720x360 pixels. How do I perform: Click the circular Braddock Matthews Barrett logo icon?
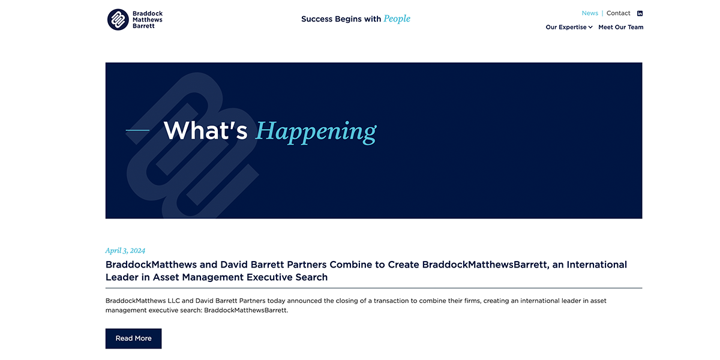click(118, 19)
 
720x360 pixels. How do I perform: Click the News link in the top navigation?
click(590, 13)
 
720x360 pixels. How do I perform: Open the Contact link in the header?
click(618, 13)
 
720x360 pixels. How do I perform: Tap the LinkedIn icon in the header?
click(640, 13)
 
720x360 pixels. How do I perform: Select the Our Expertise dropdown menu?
click(566, 27)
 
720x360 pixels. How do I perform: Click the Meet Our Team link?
click(620, 27)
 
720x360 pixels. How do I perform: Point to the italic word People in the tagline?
click(397, 19)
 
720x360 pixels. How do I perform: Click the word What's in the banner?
click(205, 131)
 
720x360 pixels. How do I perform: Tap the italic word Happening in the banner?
click(316, 131)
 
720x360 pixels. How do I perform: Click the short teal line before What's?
click(137, 130)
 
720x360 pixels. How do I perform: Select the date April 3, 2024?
click(125, 251)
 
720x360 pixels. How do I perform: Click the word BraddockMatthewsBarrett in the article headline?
click(485, 265)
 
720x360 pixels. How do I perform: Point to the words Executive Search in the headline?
click(291, 277)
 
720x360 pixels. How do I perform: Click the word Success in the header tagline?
click(316, 19)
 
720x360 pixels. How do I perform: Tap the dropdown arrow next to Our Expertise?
click(590, 27)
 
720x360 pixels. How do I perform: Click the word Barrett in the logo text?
click(144, 26)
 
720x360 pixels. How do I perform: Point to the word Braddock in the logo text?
click(148, 13)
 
